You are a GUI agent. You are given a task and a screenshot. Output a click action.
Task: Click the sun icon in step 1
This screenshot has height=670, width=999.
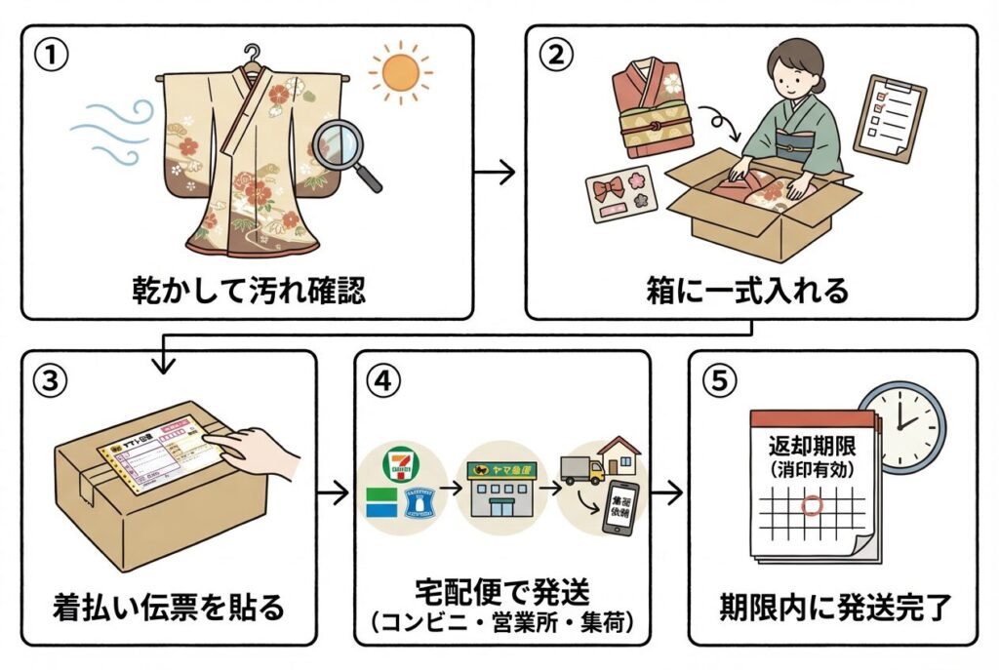coord(400,71)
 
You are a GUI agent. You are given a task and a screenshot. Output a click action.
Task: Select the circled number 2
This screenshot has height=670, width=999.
coord(556,56)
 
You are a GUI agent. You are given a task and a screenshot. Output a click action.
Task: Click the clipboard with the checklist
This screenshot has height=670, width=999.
coord(889,119)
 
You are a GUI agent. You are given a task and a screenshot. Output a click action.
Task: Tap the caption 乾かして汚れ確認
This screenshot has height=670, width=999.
coord(249,290)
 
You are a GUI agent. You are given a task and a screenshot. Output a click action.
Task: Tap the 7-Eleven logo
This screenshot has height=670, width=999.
coord(398,460)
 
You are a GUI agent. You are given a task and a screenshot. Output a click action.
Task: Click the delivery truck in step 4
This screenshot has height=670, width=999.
coord(582,469)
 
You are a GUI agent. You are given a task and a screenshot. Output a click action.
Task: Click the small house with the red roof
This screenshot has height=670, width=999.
coord(619,454)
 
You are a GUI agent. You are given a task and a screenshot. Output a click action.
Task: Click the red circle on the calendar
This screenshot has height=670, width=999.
coord(809,507)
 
